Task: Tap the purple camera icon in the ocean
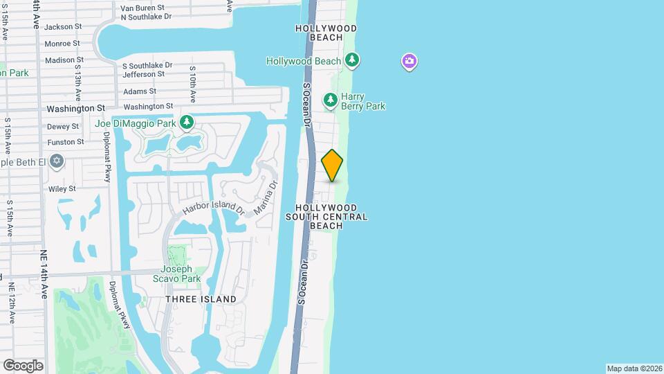409,62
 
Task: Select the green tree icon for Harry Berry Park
331,102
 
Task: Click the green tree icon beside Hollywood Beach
352,61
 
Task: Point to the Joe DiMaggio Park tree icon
186,123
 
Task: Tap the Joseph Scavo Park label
176,274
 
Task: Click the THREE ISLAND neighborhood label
201,299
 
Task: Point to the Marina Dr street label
264,199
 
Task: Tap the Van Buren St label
141,8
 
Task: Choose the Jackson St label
63,26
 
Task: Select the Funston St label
65,142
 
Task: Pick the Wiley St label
62,188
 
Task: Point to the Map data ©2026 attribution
633,368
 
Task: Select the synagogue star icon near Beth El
57,161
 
